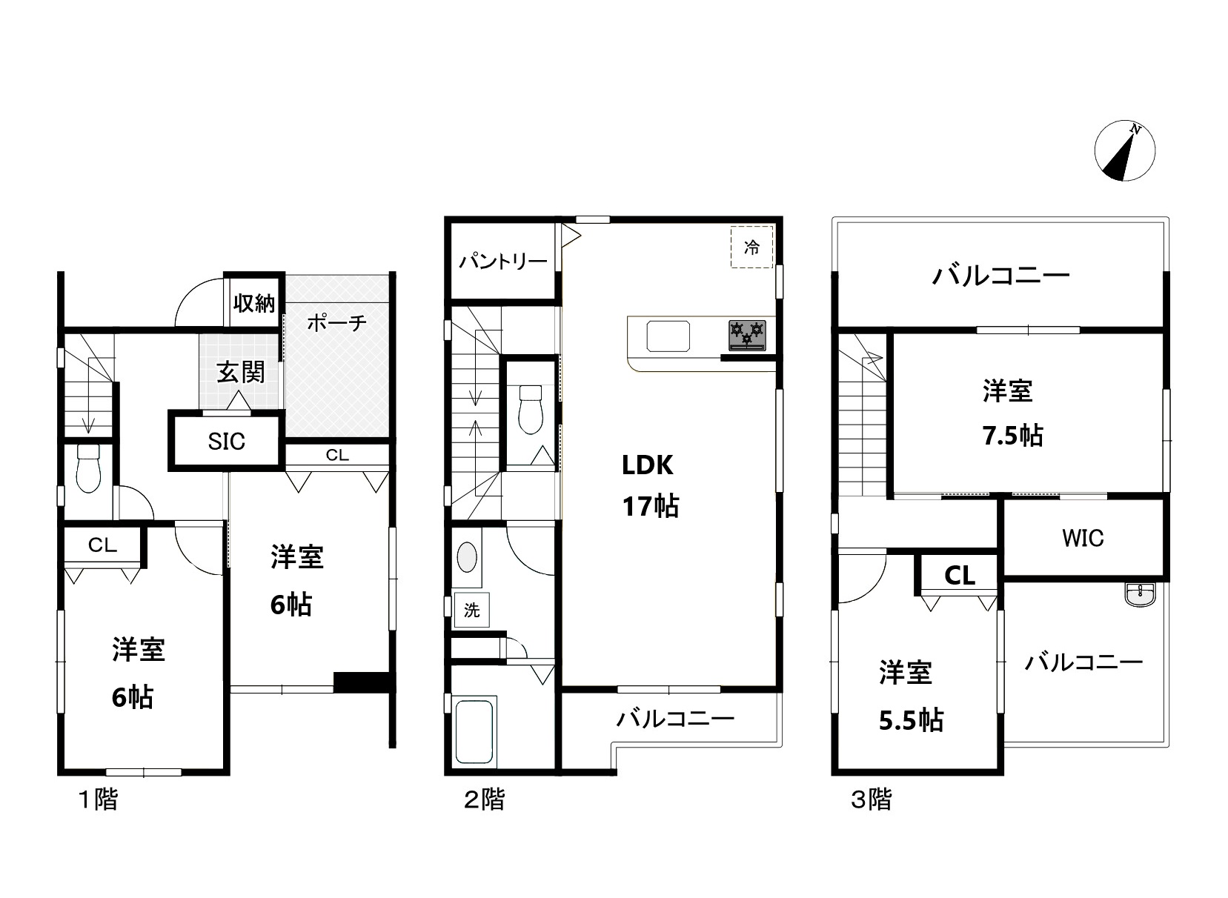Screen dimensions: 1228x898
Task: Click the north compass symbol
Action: (x=1124, y=150)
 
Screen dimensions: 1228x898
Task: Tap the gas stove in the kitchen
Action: (x=747, y=335)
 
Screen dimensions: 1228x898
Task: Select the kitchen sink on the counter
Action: (x=668, y=336)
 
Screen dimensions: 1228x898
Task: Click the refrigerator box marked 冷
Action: (x=751, y=247)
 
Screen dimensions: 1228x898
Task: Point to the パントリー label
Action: (x=502, y=262)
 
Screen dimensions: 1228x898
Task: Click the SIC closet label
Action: (x=227, y=442)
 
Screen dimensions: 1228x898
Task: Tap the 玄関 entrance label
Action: (x=241, y=372)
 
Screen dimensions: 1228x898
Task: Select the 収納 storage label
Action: (x=253, y=302)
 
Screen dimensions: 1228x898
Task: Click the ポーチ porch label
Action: (x=336, y=323)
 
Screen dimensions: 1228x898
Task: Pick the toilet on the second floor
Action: (x=530, y=410)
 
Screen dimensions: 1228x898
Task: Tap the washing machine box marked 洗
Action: (x=471, y=611)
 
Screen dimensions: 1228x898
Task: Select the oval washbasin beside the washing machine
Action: (x=467, y=557)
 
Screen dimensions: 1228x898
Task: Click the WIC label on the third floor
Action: (x=1083, y=539)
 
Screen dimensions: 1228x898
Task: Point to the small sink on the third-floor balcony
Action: (x=1141, y=594)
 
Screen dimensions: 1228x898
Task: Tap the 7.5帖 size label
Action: (x=1012, y=436)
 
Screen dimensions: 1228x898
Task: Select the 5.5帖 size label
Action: (x=911, y=720)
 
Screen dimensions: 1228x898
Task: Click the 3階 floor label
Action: (x=871, y=800)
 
